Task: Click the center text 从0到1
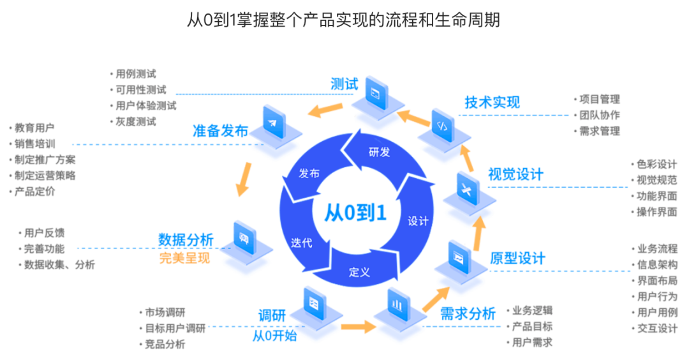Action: coord(355,213)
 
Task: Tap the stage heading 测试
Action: coord(344,84)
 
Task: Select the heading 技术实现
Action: coord(492,102)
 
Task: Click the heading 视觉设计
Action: coord(515,174)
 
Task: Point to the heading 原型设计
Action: coord(517,258)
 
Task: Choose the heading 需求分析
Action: coord(468,313)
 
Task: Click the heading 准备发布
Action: coord(220,131)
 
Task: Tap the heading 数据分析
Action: coord(186,240)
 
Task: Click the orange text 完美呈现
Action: coord(184,259)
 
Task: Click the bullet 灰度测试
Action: coord(136,121)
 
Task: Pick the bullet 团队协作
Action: coord(599,116)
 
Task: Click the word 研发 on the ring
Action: coord(379,152)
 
